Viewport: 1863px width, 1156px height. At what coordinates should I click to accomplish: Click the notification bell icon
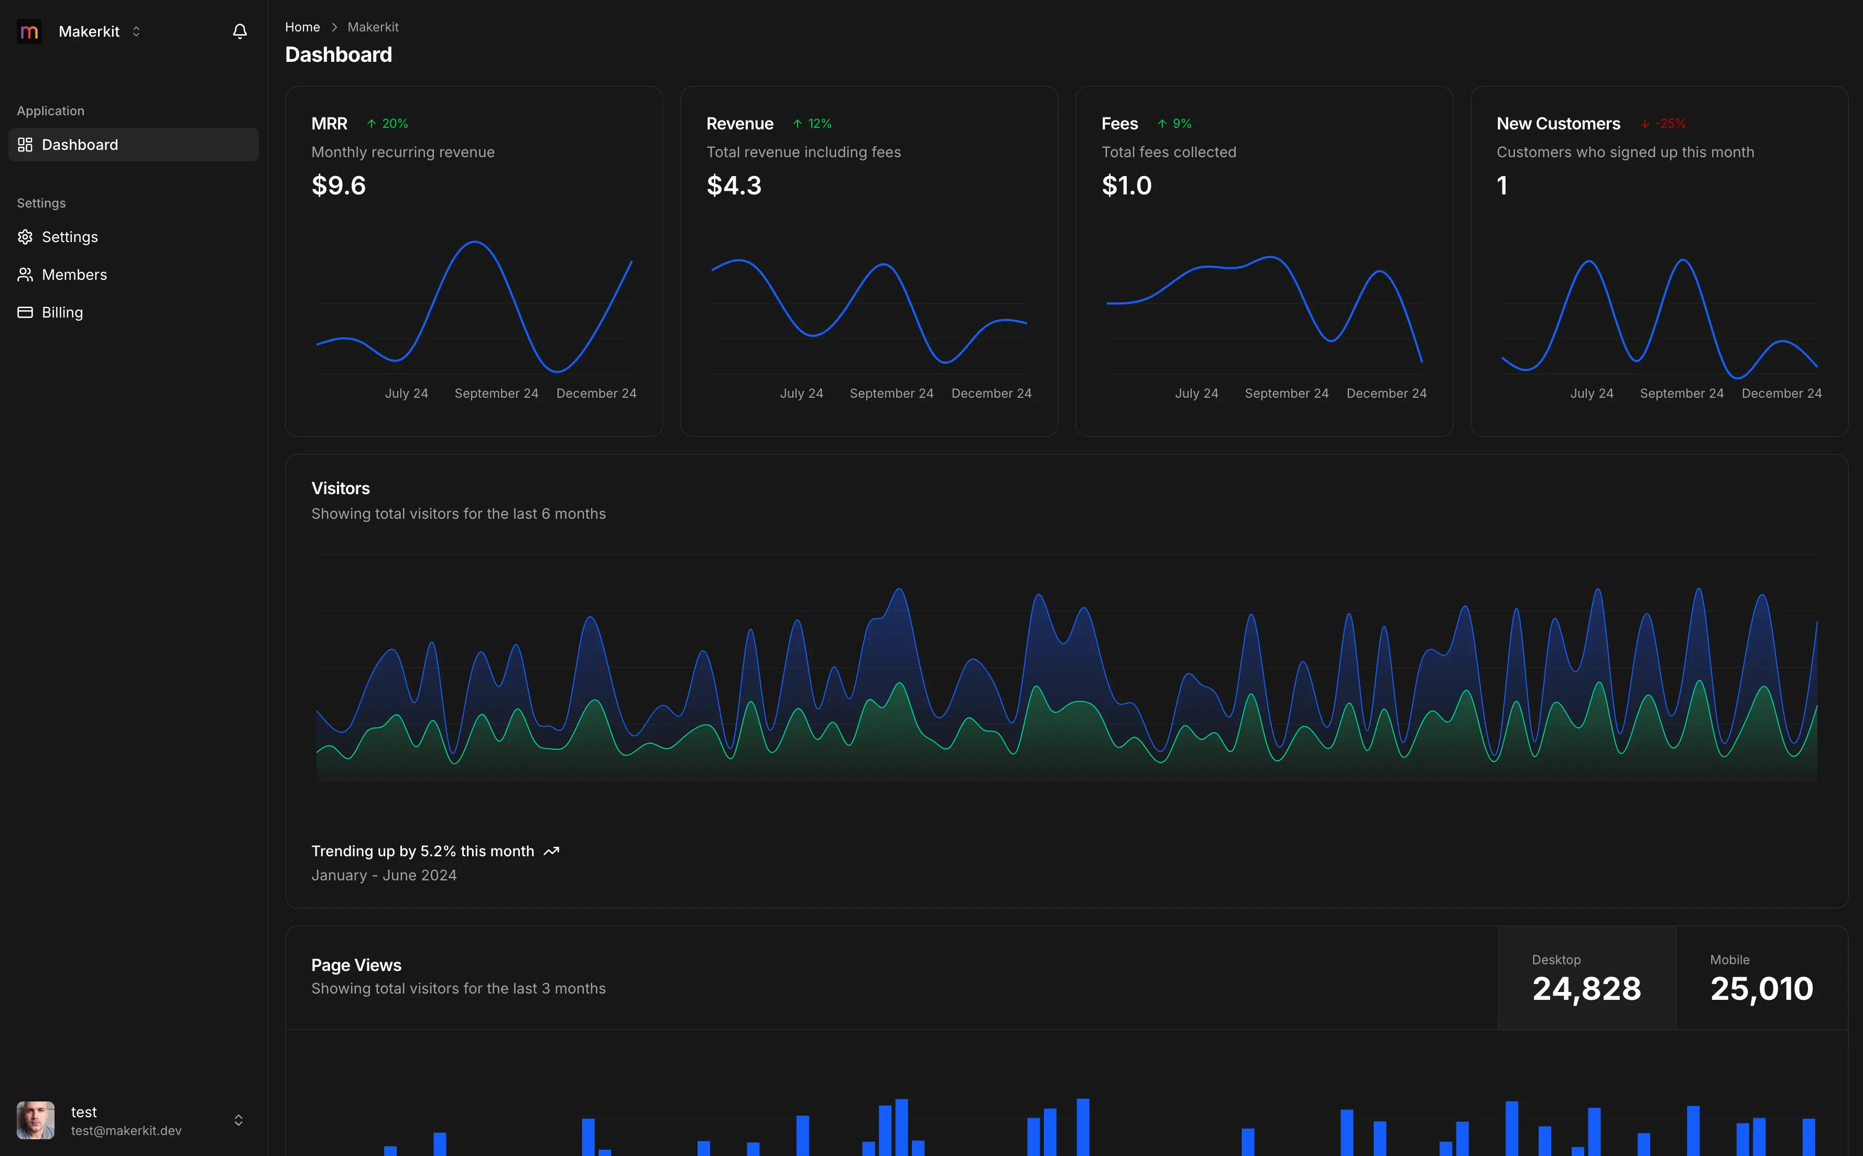239,31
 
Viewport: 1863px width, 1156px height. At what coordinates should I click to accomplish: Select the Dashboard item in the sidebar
80,145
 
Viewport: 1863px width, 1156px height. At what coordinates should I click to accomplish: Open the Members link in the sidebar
74,275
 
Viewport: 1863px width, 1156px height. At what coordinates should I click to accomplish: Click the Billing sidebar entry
62,312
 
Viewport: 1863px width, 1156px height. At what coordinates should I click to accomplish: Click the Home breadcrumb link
302,27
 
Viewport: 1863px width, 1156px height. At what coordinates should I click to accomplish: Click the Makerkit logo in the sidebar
29,31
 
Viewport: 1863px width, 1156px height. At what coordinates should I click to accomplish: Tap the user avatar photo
35,1120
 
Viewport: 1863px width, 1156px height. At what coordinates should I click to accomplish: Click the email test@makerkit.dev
126,1130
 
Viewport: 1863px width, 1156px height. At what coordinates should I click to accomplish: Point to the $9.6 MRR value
339,186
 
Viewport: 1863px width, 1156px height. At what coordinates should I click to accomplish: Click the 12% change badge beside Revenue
813,124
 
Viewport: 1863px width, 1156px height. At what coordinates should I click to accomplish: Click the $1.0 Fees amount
1126,186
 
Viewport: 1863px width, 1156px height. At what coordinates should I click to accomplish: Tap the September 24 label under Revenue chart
891,393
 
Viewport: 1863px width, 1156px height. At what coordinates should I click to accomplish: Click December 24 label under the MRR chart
596,393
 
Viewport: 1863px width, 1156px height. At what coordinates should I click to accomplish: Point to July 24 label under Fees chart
1196,393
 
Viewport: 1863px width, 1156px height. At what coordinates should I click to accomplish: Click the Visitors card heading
340,488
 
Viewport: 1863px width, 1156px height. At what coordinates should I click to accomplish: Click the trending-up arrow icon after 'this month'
551,851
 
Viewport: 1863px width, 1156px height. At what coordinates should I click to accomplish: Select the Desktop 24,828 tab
1586,979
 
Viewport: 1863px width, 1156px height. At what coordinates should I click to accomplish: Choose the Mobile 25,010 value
1761,988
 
